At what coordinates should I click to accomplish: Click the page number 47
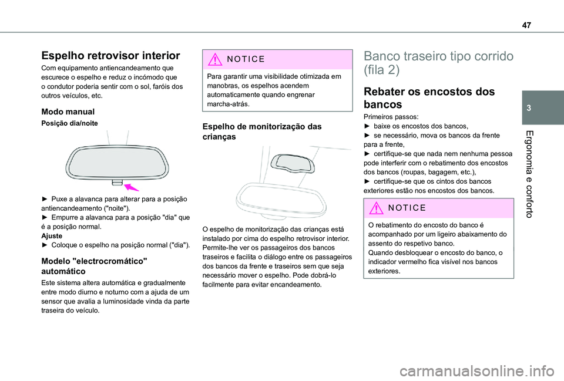[x=524, y=18]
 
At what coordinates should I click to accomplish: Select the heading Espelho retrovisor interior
[x=110, y=56]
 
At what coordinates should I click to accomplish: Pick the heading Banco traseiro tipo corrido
[x=438, y=63]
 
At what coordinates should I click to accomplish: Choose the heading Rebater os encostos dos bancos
[x=421, y=97]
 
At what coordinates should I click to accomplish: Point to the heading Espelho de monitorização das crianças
[x=261, y=130]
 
